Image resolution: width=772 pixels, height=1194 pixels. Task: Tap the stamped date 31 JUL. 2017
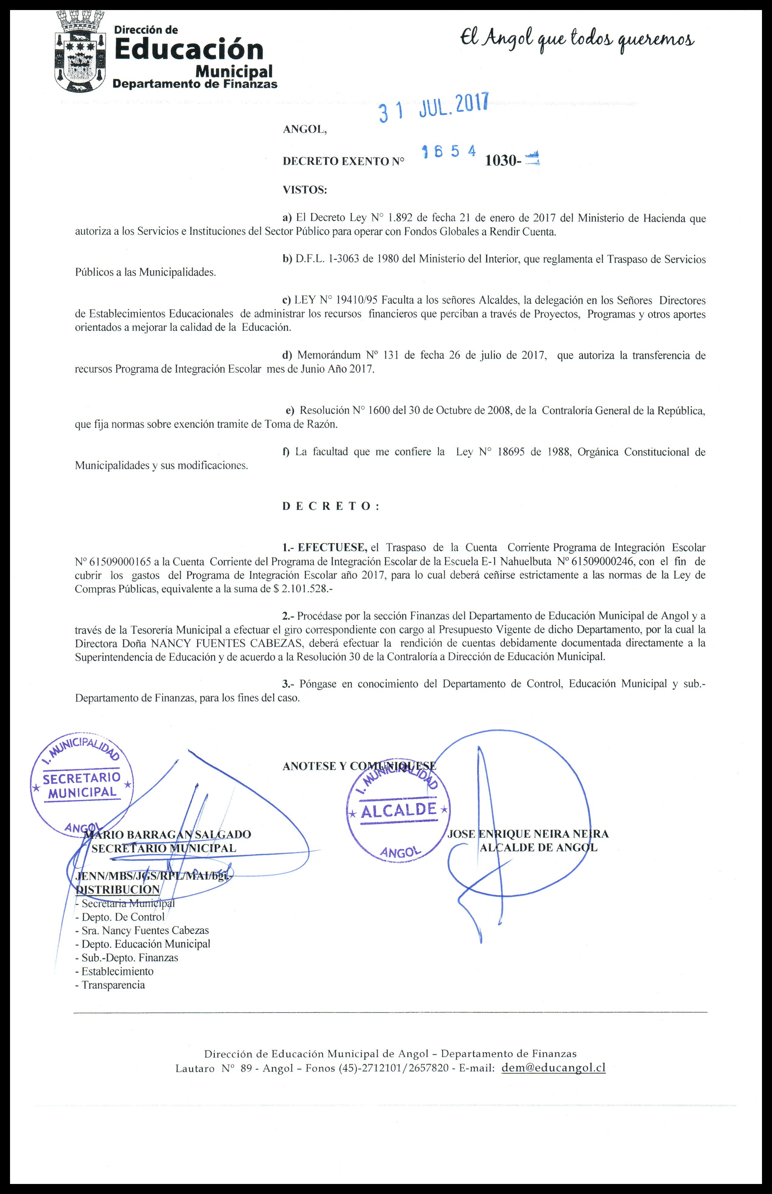pos(433,107)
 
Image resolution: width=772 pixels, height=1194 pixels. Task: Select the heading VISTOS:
pos(305,190)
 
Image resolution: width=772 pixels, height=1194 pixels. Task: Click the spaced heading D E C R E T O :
pos(331,506)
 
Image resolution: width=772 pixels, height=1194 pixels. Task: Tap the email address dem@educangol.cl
pos(554,1068)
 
